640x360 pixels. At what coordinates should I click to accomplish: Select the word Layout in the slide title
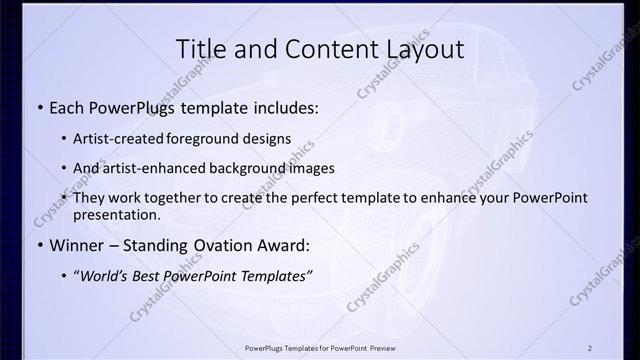tap(419, 49)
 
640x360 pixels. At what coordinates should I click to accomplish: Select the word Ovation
tap(223, 245)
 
